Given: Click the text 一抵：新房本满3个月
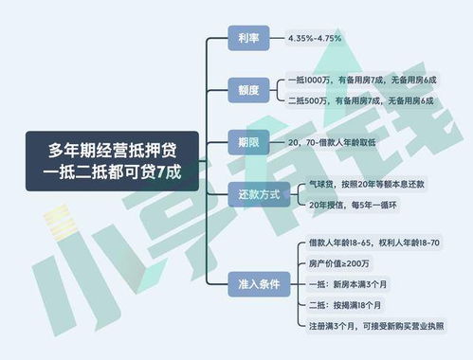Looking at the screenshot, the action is click(339, 283).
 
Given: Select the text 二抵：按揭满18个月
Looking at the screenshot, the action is click(338, 305).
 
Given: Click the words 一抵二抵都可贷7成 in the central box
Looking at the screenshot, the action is click(112, 173).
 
